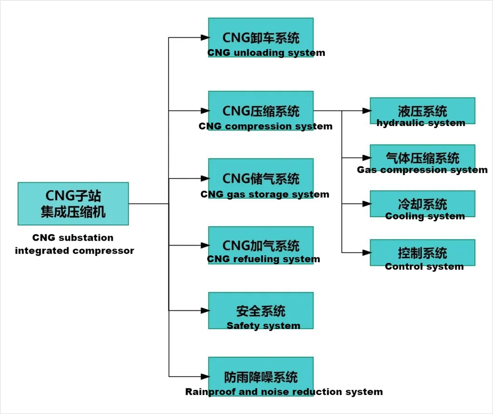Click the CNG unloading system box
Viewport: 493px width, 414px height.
coord(261,37)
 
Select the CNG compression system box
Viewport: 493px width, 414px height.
coord(261,111)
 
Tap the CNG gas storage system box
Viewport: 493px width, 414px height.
coord(261,179)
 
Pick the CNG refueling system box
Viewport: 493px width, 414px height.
coord(261,245)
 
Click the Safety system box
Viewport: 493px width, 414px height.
coord(261,310)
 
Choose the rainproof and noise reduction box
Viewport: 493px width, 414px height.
coord(261,376)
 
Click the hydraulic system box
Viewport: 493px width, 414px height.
coord(422,111)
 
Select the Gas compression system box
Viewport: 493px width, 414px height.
coord(422,157)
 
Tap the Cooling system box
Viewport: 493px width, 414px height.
coord(422,204)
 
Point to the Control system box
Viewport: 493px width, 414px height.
coord(422,253)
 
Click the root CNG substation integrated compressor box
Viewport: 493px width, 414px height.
coord(73,203)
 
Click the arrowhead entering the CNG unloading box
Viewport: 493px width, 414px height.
coord(204,37)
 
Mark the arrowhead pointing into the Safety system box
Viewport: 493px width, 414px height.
coord(204,310)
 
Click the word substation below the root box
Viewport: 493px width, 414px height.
coord(86,238)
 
